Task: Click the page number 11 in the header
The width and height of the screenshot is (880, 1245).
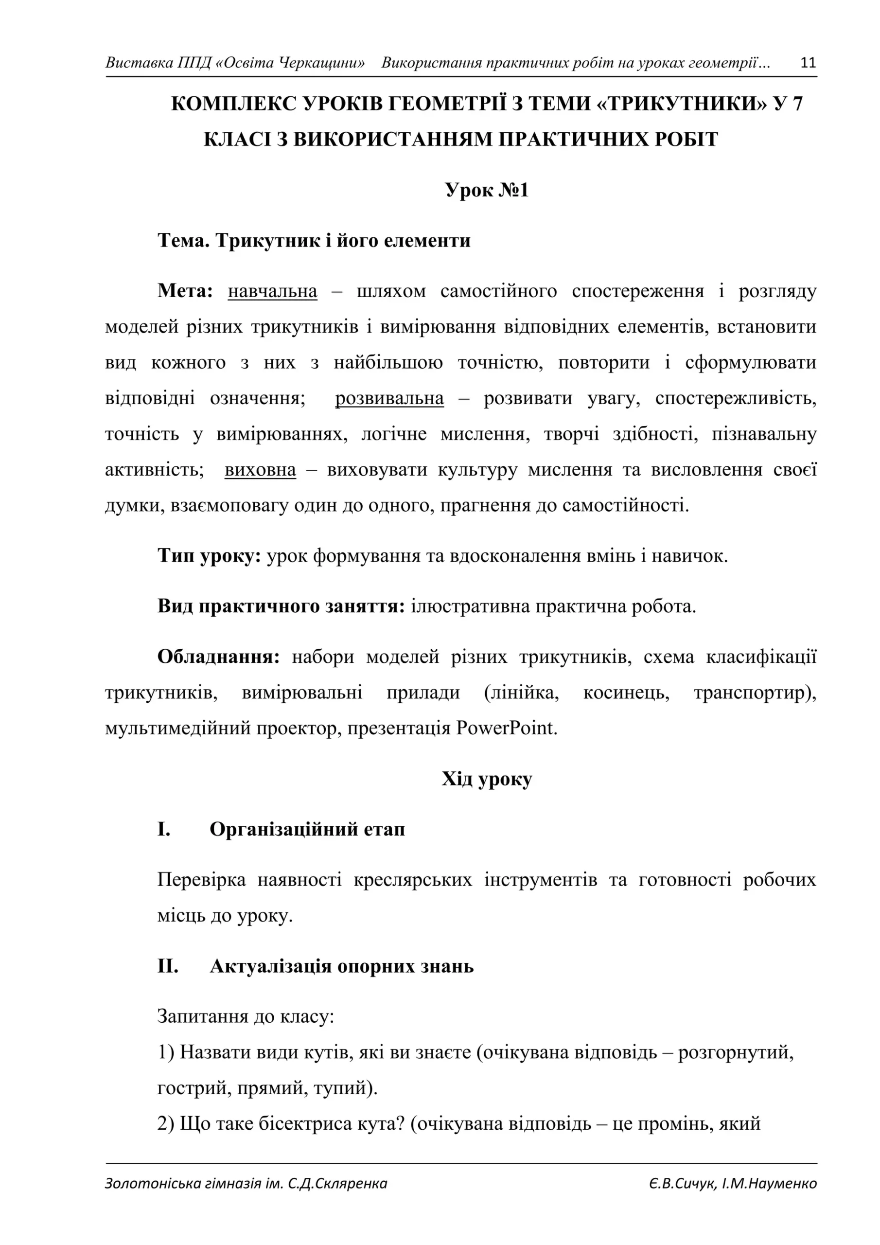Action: [808, 63]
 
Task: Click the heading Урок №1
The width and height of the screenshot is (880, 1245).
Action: [487, 190]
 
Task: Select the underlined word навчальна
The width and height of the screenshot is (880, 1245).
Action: [272, 292]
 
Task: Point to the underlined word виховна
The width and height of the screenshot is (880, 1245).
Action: [260, 470]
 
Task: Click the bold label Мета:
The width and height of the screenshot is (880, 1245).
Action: [185, 291]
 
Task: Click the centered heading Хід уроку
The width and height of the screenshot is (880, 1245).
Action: [487, 779]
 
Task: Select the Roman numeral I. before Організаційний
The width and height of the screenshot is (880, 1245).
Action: [164, 830]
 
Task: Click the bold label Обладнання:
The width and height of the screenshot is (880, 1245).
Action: [218, 657]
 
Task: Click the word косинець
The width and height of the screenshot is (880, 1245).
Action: [626, 693]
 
